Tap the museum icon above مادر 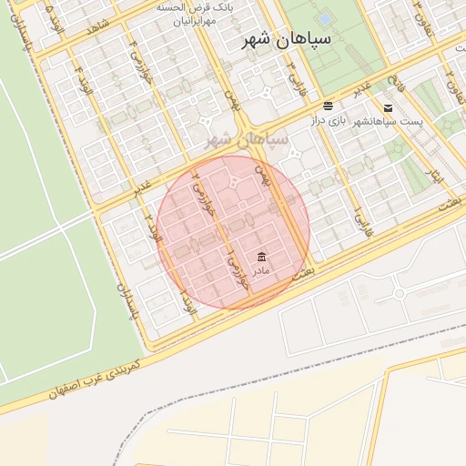click(261, 255)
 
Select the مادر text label click(261, 271)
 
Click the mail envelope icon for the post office click(388, 106)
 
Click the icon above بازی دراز click(328, 106)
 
